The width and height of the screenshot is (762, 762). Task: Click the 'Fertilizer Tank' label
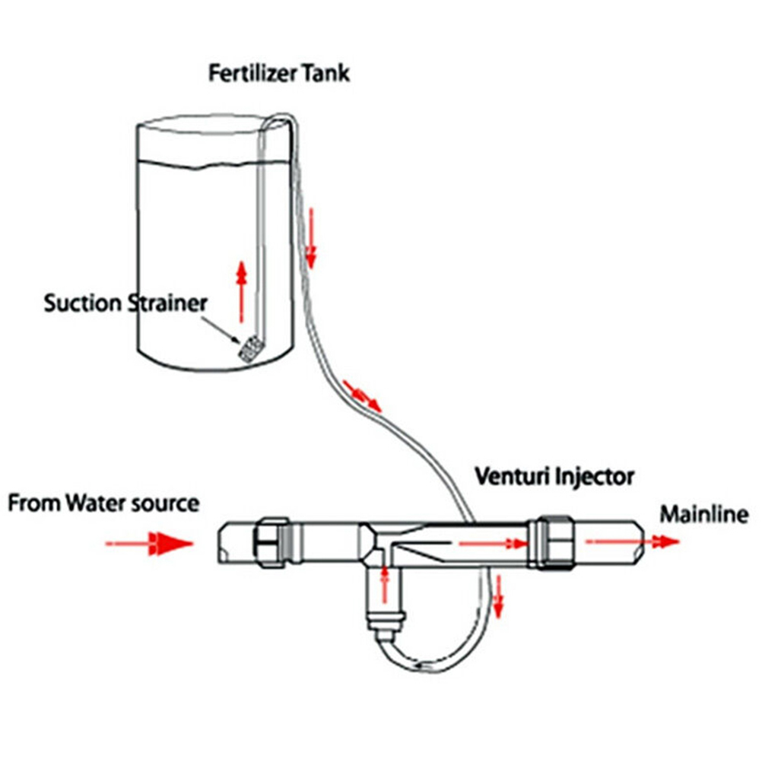pos(280,75)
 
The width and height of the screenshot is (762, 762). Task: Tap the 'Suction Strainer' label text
pos(125,303)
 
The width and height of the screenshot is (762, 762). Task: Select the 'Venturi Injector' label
pos(554,477)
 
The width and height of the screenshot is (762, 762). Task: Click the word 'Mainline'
pos(703,515)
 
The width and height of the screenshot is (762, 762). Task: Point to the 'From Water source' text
pos(104,503)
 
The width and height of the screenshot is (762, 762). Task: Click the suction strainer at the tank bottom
pos(249,349)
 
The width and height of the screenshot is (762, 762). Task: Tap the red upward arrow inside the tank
pos(241,286)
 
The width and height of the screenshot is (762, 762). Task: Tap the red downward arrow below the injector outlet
pos(499,596)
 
